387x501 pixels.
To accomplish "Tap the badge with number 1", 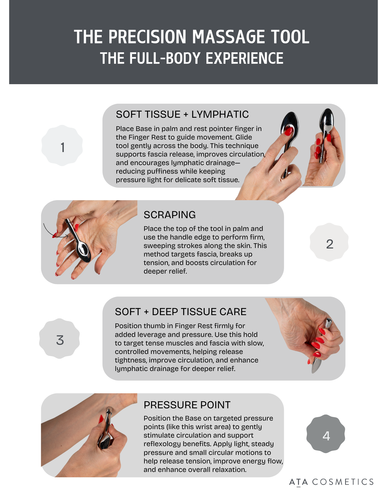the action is (62, 146).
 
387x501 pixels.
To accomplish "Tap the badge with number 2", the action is (329, 242).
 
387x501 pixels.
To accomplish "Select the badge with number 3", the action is (60, 339).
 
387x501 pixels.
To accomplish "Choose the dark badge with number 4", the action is (326, 434).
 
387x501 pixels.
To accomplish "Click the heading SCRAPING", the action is (170, 215).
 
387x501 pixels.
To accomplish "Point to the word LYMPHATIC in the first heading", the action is (220, 114).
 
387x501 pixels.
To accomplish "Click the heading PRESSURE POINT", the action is (187, 405).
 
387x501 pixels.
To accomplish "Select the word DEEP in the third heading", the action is (165, 312).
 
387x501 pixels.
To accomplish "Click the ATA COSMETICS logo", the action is (331, 482).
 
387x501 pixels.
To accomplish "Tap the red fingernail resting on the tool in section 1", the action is (288, 131).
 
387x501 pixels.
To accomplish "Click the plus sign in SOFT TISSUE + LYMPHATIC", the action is (186, 114).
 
